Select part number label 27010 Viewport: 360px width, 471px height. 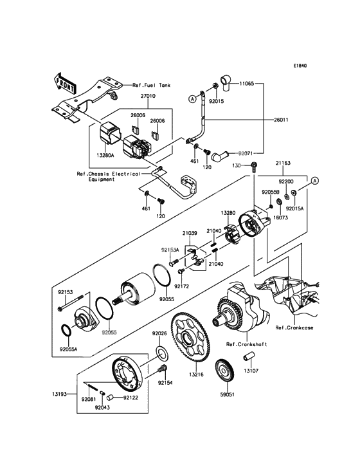[x=148, y=96]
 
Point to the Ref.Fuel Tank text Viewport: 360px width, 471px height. [x=152, y=86]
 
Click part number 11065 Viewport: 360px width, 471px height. [x=247, y=83]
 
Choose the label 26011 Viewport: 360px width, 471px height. [x=281, y=120]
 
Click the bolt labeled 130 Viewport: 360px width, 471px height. [x=253, y=166]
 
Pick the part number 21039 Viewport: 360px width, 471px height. [x=189, y=233]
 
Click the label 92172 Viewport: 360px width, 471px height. [x=182, y=286]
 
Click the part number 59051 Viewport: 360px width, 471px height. [x=227, y=394]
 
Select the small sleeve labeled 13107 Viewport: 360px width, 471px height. [x=248, y=358]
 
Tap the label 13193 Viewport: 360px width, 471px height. [x=60, y=394]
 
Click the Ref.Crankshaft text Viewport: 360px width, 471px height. [x=246, y=344]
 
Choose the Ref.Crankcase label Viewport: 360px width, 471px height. [x=294, y=328]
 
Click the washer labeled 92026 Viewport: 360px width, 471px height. [x=162, y=353]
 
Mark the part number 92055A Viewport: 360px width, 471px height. [x=68, y=349]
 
